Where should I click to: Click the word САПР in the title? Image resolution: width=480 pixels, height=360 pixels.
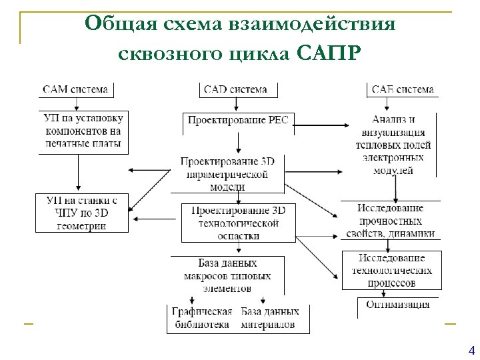click(329, 51)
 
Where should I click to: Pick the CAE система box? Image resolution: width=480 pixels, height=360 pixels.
click(401, 89)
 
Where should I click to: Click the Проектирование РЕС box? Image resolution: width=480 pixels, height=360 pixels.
click(238, 121)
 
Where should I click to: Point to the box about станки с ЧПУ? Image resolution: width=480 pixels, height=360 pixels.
click(81, 213)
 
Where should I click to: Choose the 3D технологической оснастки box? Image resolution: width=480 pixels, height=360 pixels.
click(238, 223)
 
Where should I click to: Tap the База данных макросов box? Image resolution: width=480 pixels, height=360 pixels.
click(227, 275)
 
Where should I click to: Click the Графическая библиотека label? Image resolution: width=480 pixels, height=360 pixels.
click(201, 318)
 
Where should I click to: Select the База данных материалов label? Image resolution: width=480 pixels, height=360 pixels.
click(269, 318)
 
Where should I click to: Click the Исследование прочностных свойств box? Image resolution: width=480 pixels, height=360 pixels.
click(390, 221)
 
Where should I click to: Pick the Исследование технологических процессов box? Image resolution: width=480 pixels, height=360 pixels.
click(391, 270)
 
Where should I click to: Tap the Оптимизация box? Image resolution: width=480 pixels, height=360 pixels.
click(397, 305)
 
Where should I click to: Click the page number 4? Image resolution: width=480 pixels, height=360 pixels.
click(472, 351)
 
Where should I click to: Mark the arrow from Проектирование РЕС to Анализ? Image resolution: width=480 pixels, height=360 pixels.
click(320, 125)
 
